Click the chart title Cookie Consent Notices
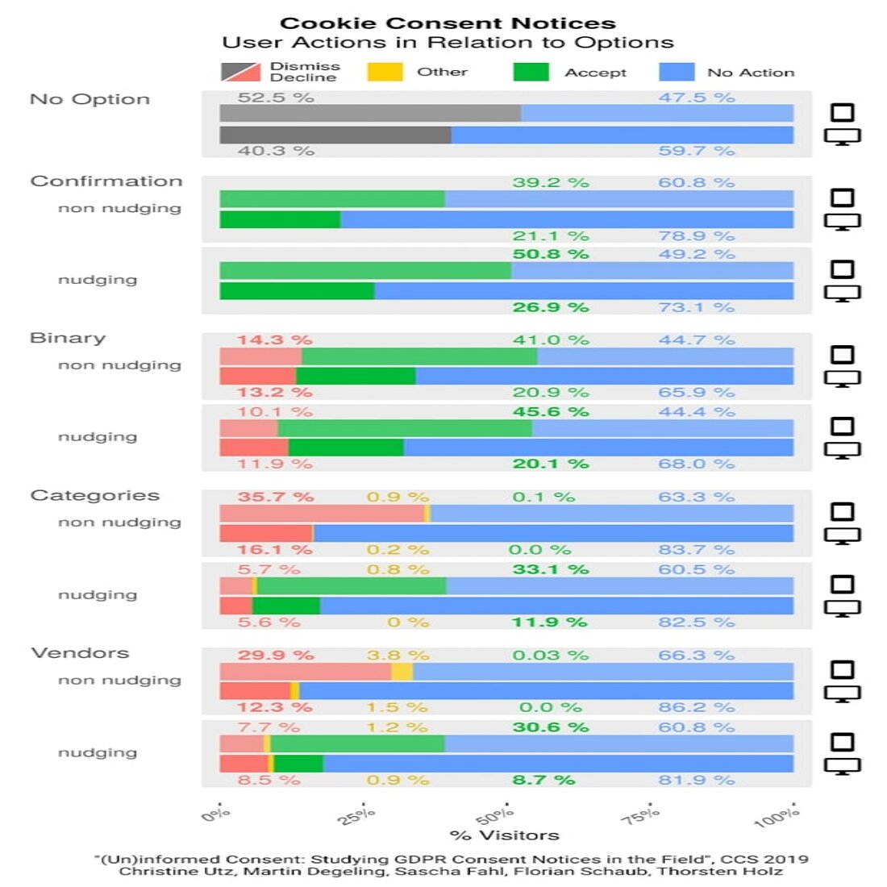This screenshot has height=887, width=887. click(x=448, y=23)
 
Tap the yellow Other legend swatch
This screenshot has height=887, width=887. click(x=385, y=72)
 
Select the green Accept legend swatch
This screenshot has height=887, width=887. click(x=531, y=72)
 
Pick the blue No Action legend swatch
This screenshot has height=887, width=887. click(x=677, y=72)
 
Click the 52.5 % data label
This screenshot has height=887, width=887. click(x=276, y=98)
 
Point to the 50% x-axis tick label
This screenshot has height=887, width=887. click(x=495, y=815)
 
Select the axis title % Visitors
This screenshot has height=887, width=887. click(x=505, y=835)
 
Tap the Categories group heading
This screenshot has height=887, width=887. click(x=94, y=495)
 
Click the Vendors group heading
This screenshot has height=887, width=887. click(x=80, y=653)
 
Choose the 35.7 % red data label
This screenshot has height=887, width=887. click(x=275, y=497)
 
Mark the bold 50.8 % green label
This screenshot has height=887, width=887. click(x=551, y=254)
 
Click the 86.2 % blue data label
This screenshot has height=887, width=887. click(x=696, y=707)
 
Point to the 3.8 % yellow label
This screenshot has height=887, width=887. click(x=398, y=655)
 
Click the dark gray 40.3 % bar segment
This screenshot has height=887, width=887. click(x=335, y=135)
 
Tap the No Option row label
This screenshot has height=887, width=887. click(x=90, y=99)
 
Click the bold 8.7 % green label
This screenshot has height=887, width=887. click(x=543, y=780)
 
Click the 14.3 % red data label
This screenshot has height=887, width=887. click(x=274, y=339)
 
